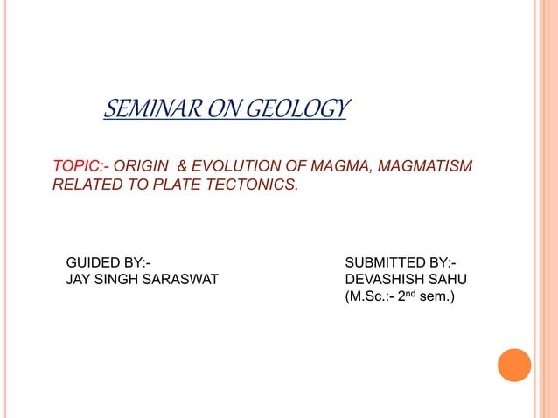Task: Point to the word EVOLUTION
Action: click(x=241, y=166)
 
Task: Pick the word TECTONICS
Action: click(x=253, y=185)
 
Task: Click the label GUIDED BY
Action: click(x=108, y=262)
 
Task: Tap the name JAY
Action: click(x=80, y=280)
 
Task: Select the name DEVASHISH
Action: click(x=383, y=280)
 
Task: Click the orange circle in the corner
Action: click(x=514, y=365)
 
